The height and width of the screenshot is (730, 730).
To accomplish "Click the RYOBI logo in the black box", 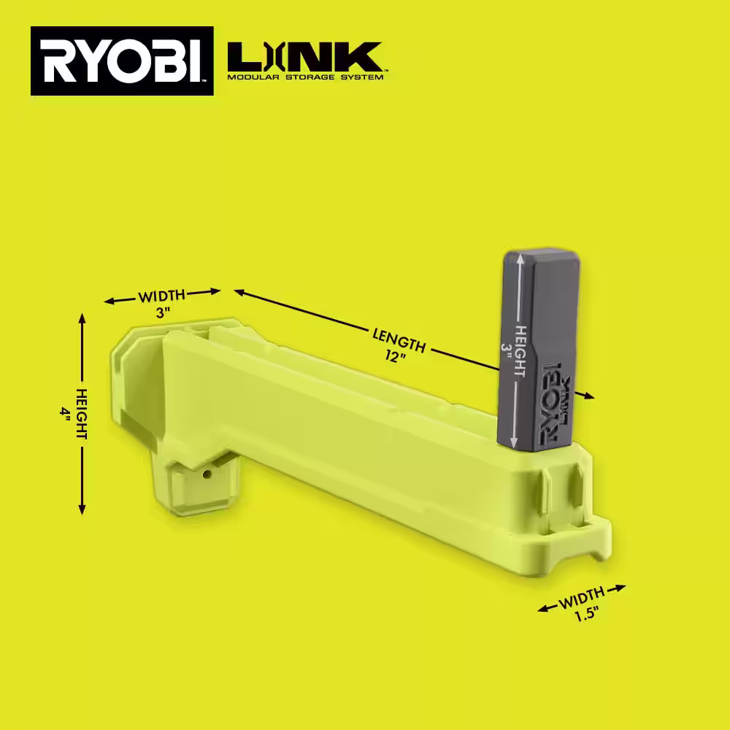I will [x=122, y=61].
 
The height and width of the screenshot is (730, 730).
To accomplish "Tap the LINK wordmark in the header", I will [x=304, y=57].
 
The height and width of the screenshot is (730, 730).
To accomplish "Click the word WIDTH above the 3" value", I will [x=162, y=296].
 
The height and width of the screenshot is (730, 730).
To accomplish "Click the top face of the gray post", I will [x=536, y=255].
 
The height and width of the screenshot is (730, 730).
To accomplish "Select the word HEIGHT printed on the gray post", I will [x=520, y=350].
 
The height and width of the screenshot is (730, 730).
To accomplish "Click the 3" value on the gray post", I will [x=504, y=350].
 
